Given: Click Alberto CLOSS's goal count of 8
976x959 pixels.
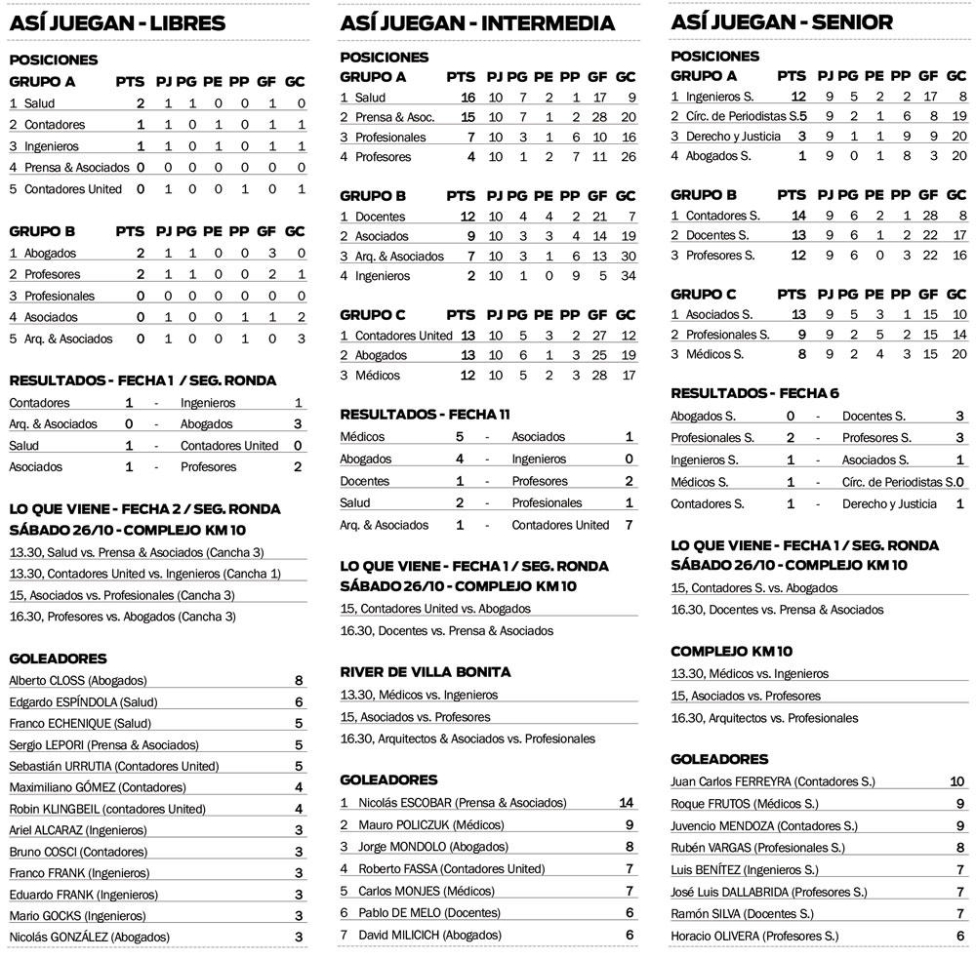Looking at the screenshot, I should pyautogui.click(x=298, y=681).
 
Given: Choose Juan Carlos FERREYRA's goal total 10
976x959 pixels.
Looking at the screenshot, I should pyautogui.click(x=956, y=781).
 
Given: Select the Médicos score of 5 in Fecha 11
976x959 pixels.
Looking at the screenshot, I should pyautogui.click(x=460, y=437).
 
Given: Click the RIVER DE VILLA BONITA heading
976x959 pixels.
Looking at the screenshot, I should pyautogui.click(x=426, y=672).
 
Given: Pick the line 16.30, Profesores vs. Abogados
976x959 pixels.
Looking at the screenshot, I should pyautogui.click(x=122, y=617).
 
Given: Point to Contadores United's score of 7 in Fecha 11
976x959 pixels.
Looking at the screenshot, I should pyautogui.click(x=629, y=525).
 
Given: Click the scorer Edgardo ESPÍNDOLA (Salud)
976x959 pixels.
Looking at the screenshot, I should pyautogui.click(x=83, y=702).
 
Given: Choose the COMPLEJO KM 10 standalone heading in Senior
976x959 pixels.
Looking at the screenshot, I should pyautogui.click(x=731, y=651).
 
